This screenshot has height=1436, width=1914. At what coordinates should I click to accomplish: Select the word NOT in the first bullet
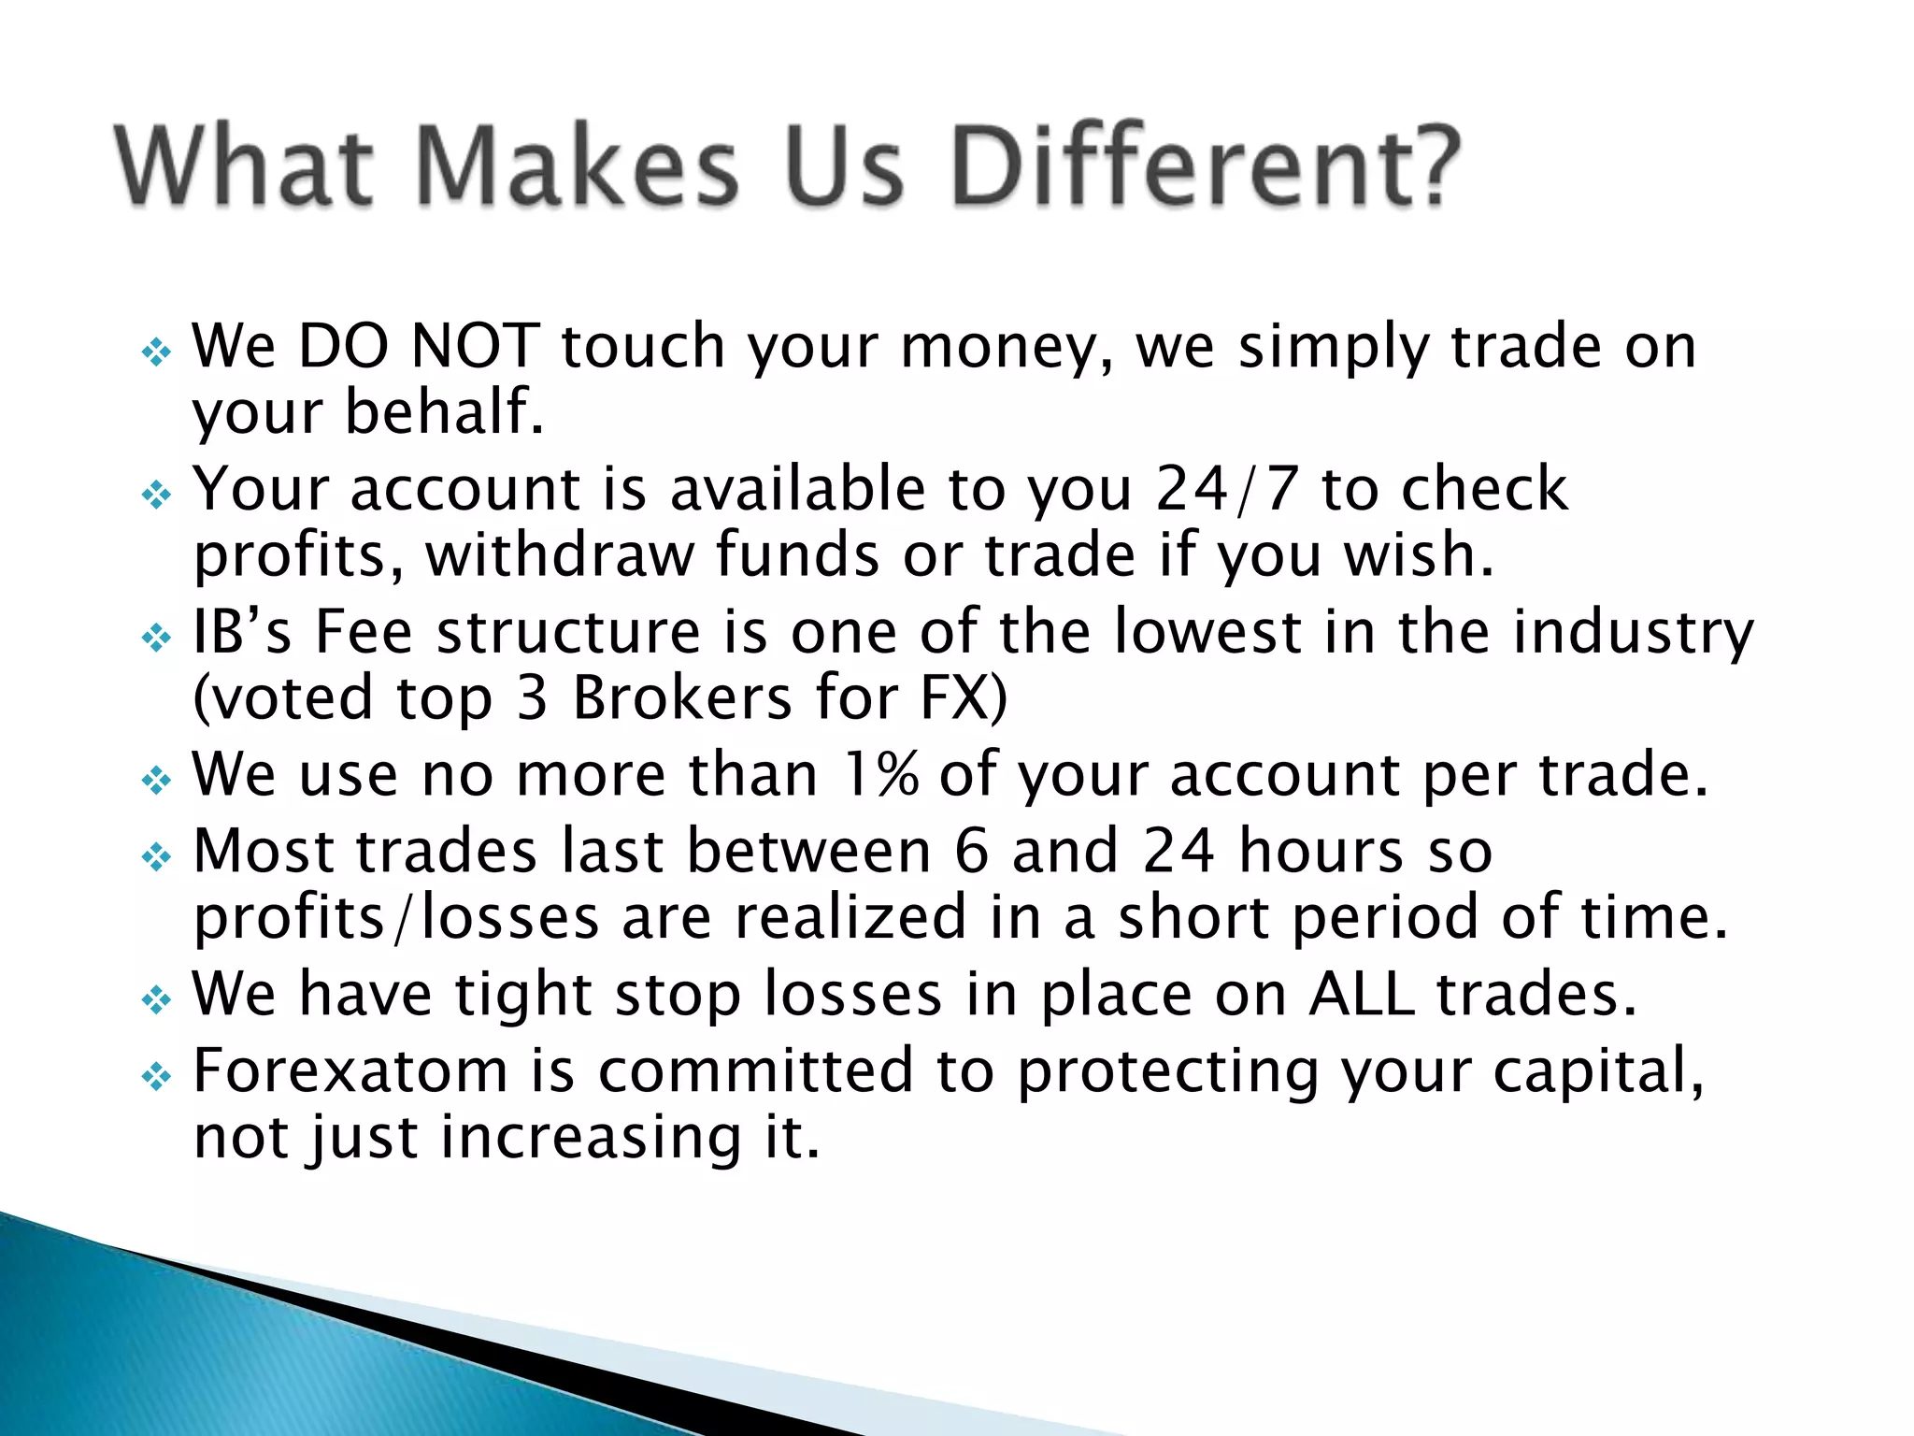coord(475,346)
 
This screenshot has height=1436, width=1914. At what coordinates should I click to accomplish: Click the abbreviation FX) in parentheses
coord(964,698)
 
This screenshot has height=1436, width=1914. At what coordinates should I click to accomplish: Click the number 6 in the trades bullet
coord(971,852)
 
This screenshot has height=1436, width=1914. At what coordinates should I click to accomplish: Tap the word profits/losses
coord(396,918)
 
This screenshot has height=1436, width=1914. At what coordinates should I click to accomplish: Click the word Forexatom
coord(350,1071)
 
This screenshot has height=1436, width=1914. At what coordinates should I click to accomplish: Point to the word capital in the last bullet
coord(1596,1071)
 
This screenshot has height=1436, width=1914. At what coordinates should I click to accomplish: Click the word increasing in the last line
coord(591,1138)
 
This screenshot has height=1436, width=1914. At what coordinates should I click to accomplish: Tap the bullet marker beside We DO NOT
coord(156,353)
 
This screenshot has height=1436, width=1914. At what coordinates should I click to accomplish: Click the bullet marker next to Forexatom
coord(156,1078)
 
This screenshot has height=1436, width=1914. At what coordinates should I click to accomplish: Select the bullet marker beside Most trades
coord(156,857)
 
